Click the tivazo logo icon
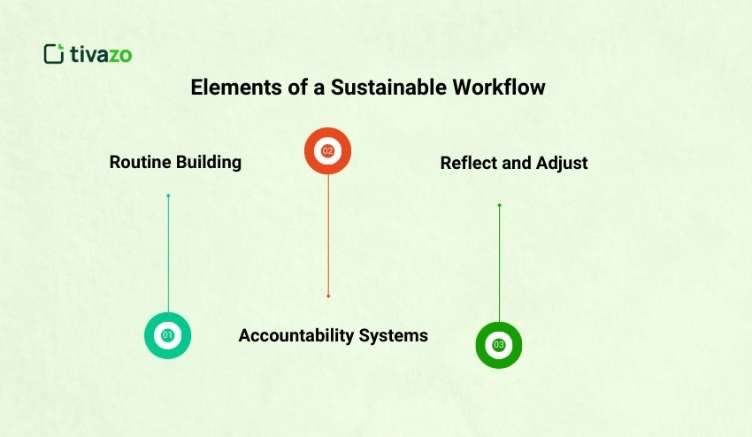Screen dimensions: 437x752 (x=54, y=54)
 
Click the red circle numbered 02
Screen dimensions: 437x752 (x=327, y=151)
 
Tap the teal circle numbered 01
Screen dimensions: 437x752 (x=167, y=335)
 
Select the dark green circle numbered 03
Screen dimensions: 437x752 (x=499, y=344)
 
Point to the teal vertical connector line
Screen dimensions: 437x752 (x=168, y=257)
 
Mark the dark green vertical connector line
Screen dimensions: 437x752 (x=499, y=265)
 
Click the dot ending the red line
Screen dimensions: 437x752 (x=328, y=295)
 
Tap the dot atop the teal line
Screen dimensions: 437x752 (x=168, y=195)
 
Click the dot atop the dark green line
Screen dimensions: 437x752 (x=499, y=205)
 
